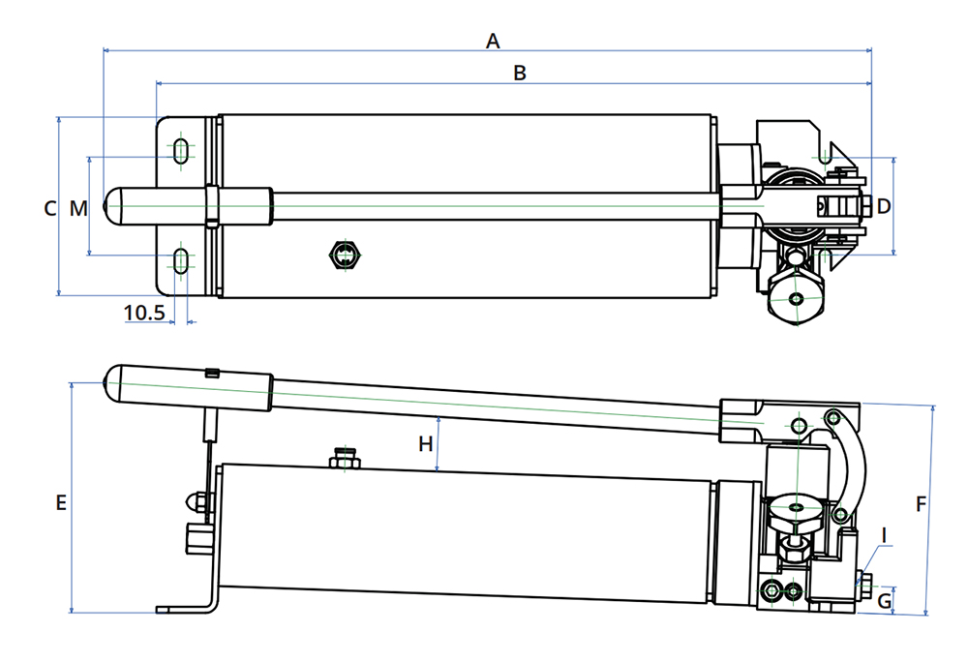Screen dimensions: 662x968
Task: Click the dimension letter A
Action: (493, 41)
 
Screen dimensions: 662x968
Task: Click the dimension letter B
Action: (520, 74)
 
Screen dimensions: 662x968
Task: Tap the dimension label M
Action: (78, 208)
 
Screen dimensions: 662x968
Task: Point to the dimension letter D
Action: (883, 206)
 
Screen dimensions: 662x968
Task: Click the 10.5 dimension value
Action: (146, 312)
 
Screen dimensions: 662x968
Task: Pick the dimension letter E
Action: (60, 503)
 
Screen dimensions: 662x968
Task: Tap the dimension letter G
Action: (884, 601)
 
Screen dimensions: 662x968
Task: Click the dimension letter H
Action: (425, 444)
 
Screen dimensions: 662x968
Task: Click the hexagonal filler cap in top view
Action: (344, 256)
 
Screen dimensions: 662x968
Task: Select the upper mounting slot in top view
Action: (181, 151)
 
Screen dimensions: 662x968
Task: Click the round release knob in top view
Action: (795, 298)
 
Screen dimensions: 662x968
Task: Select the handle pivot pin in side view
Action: (798, 426)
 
